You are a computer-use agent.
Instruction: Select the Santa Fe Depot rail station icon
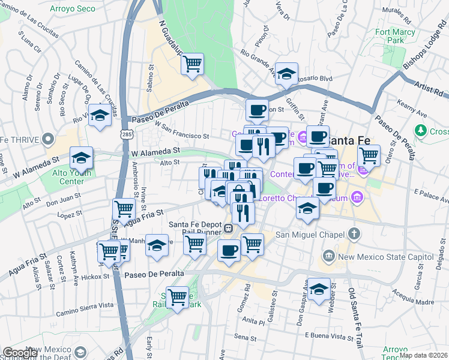click(x=229, y=228)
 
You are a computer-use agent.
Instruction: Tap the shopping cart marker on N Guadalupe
click(x=192, y=64)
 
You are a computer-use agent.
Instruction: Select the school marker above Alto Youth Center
click(x=81, y=158)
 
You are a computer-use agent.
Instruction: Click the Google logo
click(x=20, y=353)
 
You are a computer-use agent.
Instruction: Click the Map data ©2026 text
click(x=423, y=355)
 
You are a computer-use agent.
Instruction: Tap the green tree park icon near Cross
click(x=421, y=130)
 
